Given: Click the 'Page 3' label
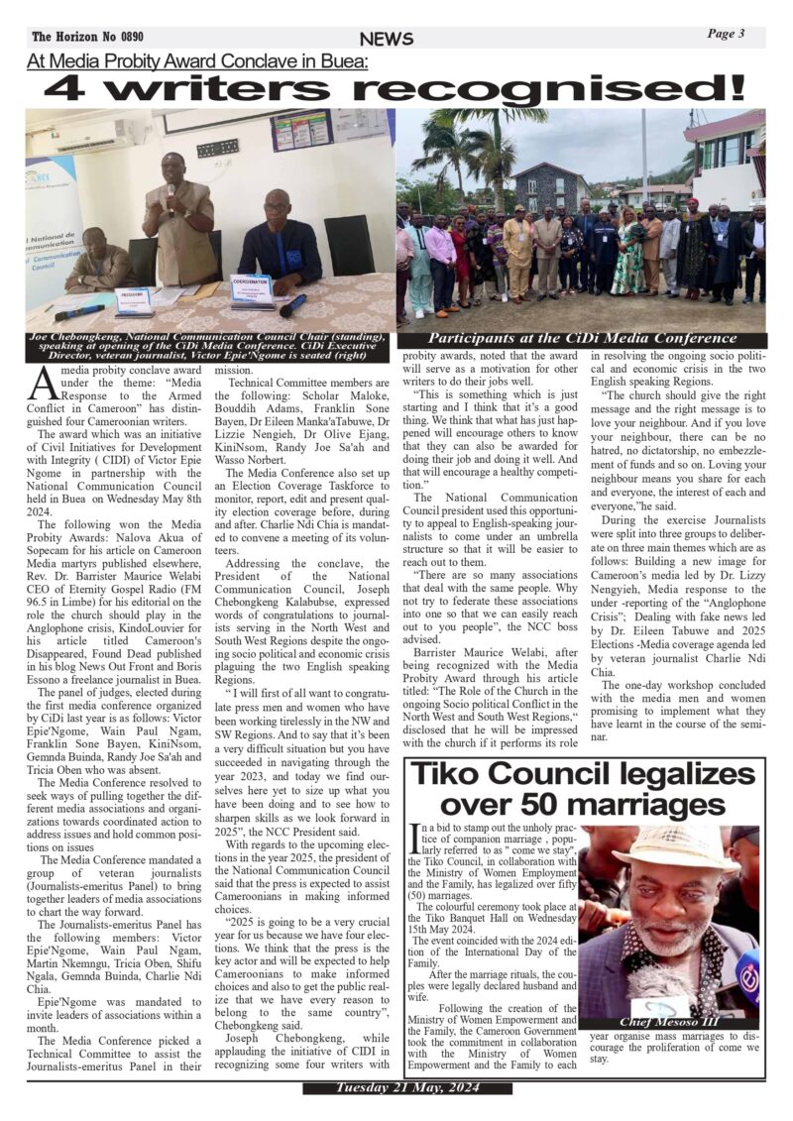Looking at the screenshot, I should pos(726,34).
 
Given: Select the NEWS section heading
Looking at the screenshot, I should pos(387,39).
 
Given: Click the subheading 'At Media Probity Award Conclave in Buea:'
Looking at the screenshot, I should pos(198,61).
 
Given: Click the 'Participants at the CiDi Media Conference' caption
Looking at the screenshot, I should pos(582,339).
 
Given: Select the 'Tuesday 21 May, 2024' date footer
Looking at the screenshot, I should pos(395,1088).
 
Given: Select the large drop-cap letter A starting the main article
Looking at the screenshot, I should pos(43,382).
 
